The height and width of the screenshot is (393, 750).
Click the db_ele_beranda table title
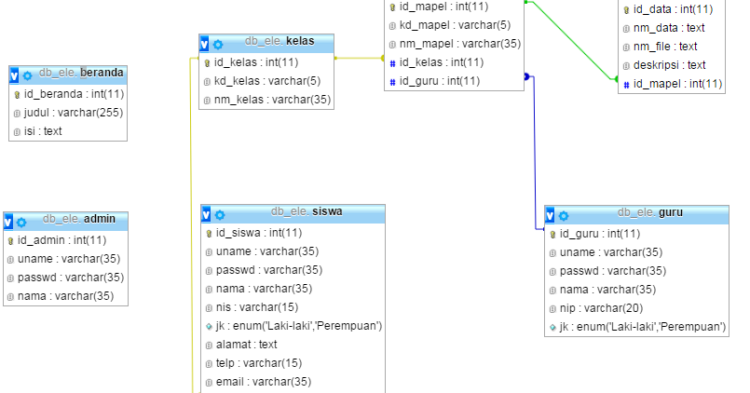81,74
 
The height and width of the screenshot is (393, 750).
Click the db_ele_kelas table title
279,43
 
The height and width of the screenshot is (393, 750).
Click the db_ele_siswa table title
307,211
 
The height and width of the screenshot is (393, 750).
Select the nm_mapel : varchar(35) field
459,44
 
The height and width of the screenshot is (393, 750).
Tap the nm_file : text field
665,47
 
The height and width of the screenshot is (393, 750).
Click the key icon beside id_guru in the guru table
552,234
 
